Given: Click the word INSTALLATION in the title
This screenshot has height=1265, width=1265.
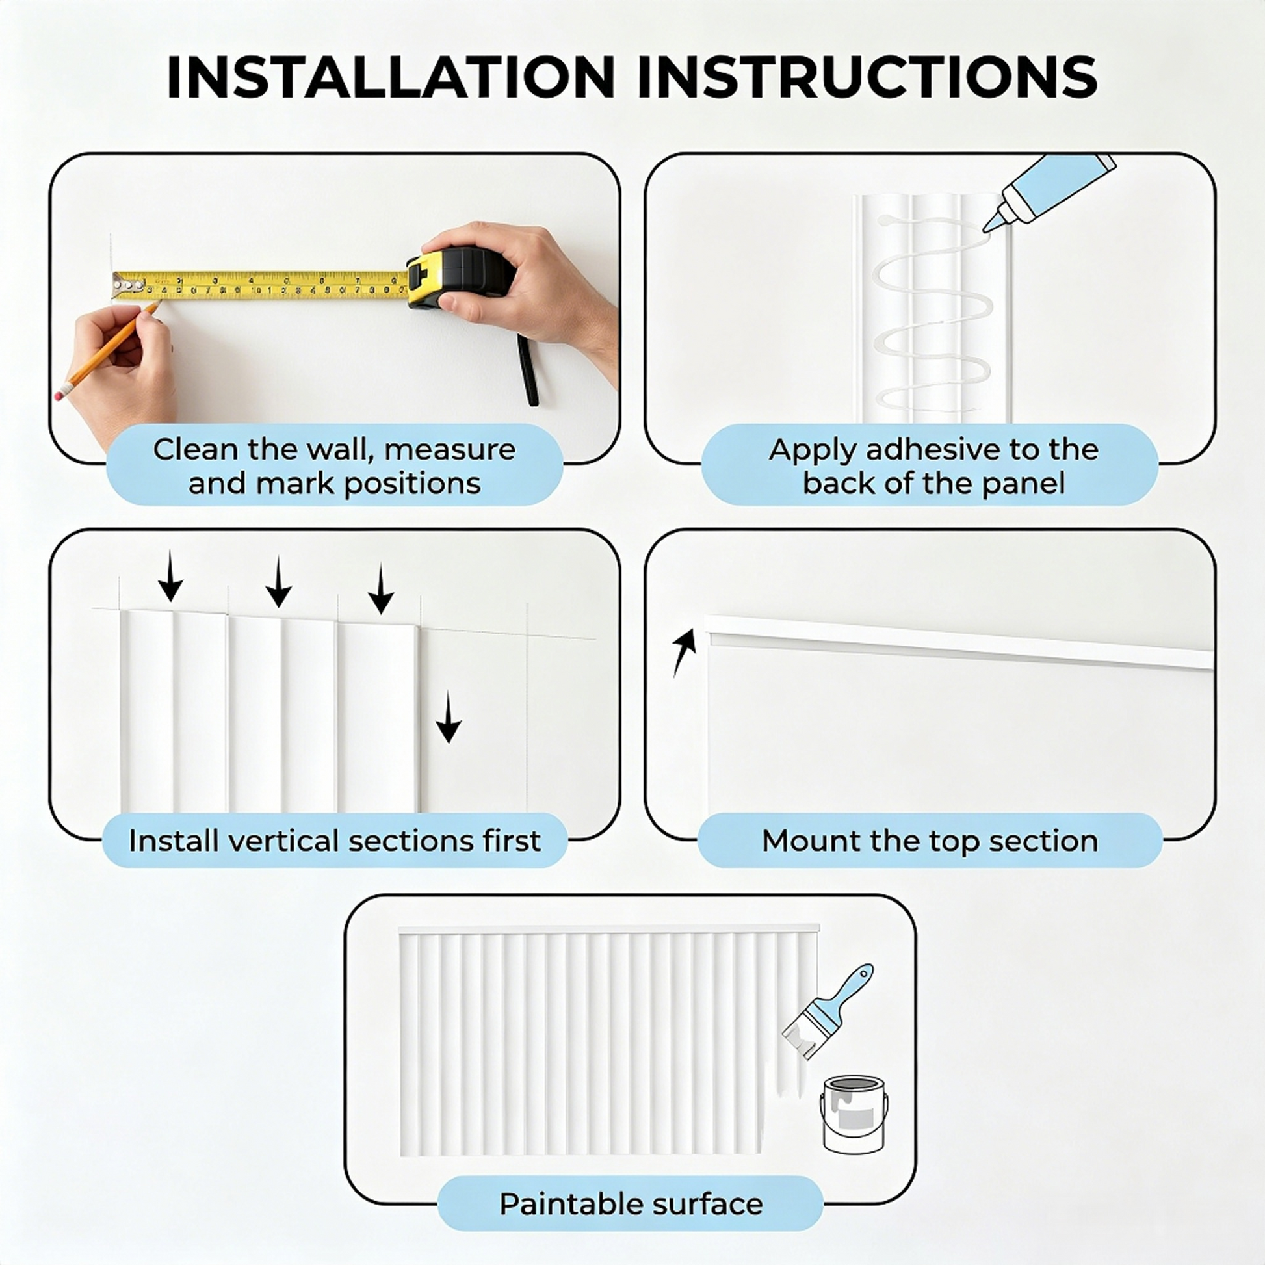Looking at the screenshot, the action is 391,77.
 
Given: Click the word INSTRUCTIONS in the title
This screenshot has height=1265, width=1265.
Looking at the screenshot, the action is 867,77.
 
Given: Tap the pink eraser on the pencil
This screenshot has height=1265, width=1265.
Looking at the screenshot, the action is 60,393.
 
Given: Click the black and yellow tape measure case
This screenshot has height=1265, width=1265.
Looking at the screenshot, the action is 460,277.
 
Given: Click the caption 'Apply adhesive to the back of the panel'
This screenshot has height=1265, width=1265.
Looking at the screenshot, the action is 933,466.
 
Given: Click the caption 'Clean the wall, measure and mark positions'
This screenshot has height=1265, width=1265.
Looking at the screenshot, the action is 335,466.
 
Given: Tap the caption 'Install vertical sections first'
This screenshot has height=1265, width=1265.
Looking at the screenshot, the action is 335,841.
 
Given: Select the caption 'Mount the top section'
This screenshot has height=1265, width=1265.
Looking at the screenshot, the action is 930,841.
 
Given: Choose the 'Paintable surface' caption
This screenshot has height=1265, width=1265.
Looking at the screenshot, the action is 631,1204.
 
